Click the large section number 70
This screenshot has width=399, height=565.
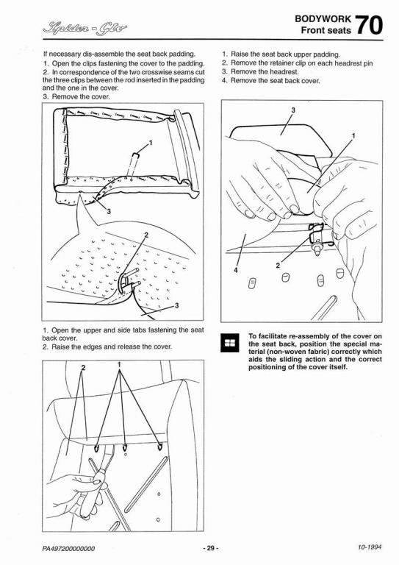pos(370,25)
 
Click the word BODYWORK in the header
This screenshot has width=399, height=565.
pos(323,19)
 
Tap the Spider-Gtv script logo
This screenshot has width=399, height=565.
pos(85,27)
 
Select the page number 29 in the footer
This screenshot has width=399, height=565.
pos(210,548)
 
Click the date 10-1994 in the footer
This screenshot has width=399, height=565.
pos(370,547)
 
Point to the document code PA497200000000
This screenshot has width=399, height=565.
pos(69,549)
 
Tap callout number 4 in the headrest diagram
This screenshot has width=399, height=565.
pos(236,270)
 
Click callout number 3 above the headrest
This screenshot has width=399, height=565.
pos(293,110)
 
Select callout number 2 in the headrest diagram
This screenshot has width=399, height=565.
pos(278,266)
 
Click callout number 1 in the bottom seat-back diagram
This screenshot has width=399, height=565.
pos(120,365)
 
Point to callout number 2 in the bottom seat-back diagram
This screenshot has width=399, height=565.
pos(83,368)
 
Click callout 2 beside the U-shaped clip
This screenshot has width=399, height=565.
pos(146,235)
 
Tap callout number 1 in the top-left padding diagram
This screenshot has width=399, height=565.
pos(151,143)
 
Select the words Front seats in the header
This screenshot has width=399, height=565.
pos(326,30)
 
